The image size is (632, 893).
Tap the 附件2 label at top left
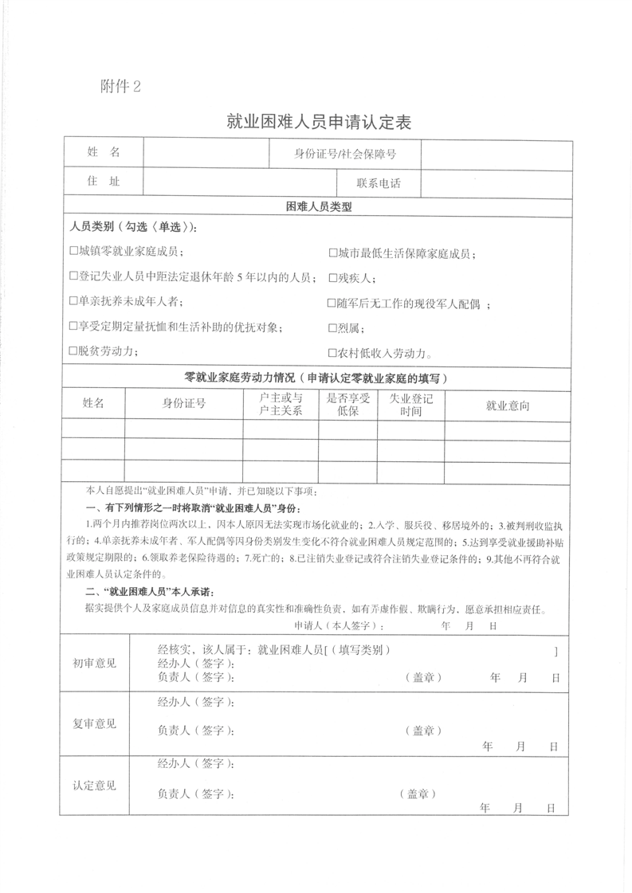[x=121, y=87]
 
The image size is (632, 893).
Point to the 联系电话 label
[x=379, y=183]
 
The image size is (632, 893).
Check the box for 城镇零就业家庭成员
[x=73, y=253]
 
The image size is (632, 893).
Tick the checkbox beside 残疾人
[x=333, y=278]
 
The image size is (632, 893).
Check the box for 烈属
[x=333, y=327]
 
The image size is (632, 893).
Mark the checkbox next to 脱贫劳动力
[x=73, y=351]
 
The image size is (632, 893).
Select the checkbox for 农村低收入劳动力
[x=333, y=353]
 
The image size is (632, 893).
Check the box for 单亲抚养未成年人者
[x=73, y=302]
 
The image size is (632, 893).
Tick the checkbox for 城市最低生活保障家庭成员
[x=333, y=253]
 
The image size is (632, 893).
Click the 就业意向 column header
[x=508, y=405]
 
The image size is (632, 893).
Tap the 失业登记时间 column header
[x=410, y=405]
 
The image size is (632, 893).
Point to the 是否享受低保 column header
[x=348, y=405]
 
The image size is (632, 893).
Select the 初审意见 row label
[x=95, y=663]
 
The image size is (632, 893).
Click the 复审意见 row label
[x=95, y=723]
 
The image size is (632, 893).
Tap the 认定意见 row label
[x=95, y=785]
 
